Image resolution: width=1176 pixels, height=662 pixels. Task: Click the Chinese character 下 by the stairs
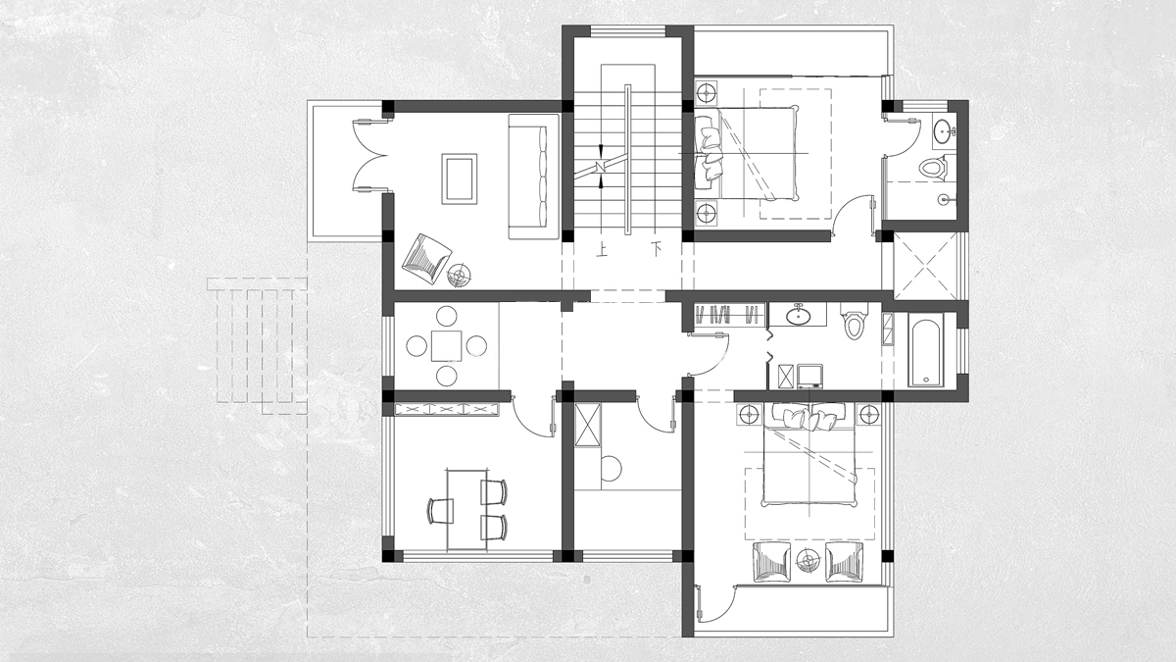click(x=656, y=248)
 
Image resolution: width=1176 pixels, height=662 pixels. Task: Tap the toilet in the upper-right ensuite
click(x=932, y=168)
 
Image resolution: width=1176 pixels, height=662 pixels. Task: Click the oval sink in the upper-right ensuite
click(x=945, y=129)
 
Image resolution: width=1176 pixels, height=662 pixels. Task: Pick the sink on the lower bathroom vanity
click(x=799, y=314)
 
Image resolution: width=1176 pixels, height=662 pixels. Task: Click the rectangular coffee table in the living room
click(x=460, y=178)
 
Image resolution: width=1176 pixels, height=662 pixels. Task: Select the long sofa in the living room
click(x=533, y=177)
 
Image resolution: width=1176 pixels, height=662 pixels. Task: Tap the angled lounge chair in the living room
click(x=426, y=259)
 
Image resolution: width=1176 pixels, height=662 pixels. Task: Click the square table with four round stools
click(x=447, y=345)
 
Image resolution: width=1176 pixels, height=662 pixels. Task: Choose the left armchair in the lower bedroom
click(x=772, y=562)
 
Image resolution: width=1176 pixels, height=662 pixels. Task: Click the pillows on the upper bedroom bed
click(x=709, y=152)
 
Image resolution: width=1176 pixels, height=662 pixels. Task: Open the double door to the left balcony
click(x=370, y=156)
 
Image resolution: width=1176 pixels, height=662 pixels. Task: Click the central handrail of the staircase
click(x=627, y=159)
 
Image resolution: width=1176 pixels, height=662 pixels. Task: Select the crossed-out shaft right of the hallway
click(x=925, y=266)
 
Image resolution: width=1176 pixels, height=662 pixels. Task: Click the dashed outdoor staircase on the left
click(x=257, y=346)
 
